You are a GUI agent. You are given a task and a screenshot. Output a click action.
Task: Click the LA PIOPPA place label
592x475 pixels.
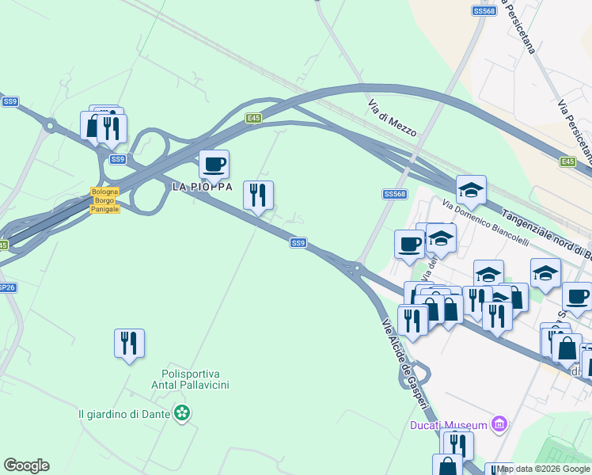[x=203, y=187]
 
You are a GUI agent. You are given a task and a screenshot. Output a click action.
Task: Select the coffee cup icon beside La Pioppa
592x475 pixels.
[x=214, y=165]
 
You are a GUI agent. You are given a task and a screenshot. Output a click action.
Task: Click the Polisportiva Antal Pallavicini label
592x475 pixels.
[x=190, y=379]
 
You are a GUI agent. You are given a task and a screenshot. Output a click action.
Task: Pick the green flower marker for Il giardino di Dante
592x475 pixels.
[x=183, y=412]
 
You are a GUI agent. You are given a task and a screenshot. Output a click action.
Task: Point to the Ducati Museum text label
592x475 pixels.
[x=448, y=425]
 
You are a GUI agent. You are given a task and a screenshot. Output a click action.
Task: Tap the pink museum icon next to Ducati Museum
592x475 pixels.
[x=499, y=425]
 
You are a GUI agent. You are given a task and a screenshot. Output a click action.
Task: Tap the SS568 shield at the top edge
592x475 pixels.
[x=484, y=10]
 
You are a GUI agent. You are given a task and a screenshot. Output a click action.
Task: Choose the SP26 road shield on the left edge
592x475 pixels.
[x=6, y=287]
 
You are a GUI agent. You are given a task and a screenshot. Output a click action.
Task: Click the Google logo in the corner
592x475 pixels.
[x=26, y=465]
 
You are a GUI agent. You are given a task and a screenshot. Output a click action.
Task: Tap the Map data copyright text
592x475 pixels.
[x=544, y=469]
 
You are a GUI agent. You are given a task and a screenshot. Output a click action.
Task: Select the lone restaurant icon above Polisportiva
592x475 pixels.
[x=129, y=343]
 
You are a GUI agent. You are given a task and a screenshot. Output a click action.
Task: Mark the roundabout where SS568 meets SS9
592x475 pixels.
[x=357, y=269]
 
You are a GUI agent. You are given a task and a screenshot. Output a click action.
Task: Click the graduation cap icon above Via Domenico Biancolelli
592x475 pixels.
[x=471, y=189]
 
